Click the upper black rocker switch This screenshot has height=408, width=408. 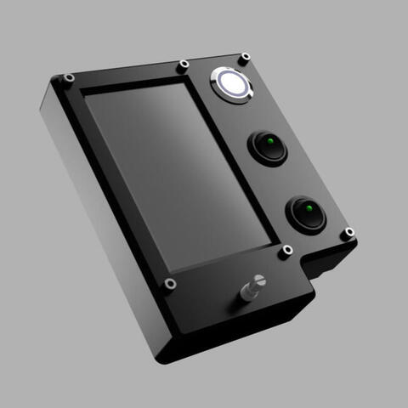[x=268, y=146]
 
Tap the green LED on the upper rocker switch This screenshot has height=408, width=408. [x=268, y=140]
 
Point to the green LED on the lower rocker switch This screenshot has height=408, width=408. [x=308, y=207]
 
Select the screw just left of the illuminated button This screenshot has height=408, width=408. [x=183, y=65]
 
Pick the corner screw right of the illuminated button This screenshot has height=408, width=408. [x=245, y=59]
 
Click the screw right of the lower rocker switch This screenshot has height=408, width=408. [x=347, y=233]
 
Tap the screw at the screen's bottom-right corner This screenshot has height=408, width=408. [x=286, y=250]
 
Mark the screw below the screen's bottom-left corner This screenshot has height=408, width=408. [x=171, y=283]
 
